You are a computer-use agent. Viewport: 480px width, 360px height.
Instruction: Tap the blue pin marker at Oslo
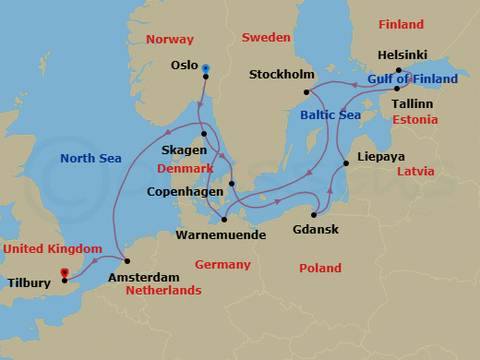(x=205, y=68)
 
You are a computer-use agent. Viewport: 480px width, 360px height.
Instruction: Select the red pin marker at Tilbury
(x=64, y=273)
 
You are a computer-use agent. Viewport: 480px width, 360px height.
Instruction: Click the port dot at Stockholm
(x=306, y=91)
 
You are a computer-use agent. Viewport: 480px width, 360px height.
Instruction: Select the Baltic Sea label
(x=330, y=115)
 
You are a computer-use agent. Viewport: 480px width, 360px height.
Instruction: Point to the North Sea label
(x=91, y=158)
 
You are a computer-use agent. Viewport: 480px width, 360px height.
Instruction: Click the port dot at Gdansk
(x=315, y=214)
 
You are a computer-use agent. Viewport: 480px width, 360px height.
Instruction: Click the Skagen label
(x=183, y=149)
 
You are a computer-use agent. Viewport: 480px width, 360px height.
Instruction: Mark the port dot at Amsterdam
(x=126, y=261)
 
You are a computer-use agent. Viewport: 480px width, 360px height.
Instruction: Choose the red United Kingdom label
(x=52, y=249)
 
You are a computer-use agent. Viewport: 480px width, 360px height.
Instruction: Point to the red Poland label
(x=320, y=268)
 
